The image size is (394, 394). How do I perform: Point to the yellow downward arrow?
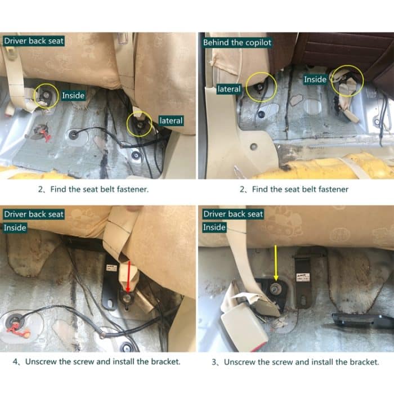tap(276, 263)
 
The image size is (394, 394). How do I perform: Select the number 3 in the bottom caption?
tap(214, 362)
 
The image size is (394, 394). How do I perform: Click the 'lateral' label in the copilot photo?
tap(229, 89)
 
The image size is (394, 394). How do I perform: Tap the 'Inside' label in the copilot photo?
tap(315, 79)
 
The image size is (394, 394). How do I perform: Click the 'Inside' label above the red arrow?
tap(15, 228)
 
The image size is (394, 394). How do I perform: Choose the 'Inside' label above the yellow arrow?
tap(214, 227)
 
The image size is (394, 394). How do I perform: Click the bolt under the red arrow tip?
tap(127, 298)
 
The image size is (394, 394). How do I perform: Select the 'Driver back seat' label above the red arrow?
tap(34, 214)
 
